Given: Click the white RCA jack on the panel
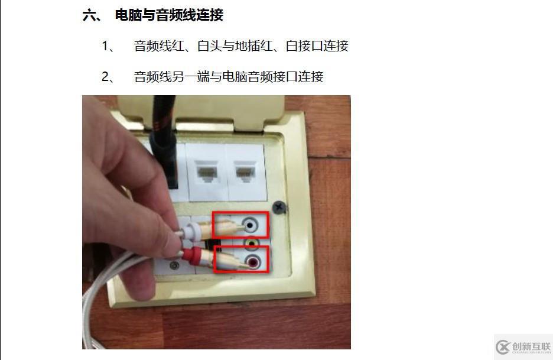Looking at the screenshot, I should [252, 225].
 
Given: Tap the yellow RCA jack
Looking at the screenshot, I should [252, 242].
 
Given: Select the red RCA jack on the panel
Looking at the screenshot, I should [252, 261].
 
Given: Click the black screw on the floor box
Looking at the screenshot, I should [279, 207].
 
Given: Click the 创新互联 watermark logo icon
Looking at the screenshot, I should [503, 347].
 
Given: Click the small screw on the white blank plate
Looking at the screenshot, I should [174, 265].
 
